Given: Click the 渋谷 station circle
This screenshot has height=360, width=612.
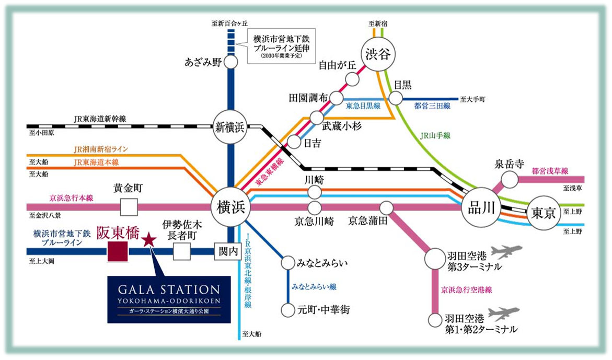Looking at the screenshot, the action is (x=377, y=54).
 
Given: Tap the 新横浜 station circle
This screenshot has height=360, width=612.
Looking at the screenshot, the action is (x=230, y=127).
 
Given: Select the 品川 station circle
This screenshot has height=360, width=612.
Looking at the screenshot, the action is (x=481, y=208).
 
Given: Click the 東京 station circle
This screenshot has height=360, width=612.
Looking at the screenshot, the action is (x=544, y=213).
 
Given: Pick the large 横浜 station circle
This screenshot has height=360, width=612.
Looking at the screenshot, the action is (x=230, y=207).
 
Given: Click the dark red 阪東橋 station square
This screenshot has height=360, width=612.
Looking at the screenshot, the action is (x=118, y=251).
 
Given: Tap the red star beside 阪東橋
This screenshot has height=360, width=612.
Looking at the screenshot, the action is (x=149, y=240).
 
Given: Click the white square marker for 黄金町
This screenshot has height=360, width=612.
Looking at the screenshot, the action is (x=129, y=207).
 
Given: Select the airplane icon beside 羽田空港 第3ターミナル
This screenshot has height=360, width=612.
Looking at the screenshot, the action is (x=506, y=251).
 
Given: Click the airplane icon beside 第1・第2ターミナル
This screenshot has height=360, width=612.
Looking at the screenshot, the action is (x=504, y=314).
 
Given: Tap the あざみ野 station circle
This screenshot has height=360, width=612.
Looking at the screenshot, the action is (x=230, y=62).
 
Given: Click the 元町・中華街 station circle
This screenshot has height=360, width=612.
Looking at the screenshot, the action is (x=287, y=310).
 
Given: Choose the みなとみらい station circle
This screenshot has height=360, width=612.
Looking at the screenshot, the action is (x=287, y=263).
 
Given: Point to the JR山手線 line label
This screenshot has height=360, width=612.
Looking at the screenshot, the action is (x=435, y=135).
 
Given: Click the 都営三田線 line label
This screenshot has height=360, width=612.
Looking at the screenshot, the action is (x=432, y=106).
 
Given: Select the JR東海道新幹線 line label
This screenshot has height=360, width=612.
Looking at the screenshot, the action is (x=100, y=119).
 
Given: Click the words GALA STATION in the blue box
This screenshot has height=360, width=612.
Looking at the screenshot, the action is (x=169, y=290).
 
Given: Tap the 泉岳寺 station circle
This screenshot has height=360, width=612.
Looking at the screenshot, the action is (x=510, y=180).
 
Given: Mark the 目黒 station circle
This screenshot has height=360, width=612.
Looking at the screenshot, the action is (x=396, y=98).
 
